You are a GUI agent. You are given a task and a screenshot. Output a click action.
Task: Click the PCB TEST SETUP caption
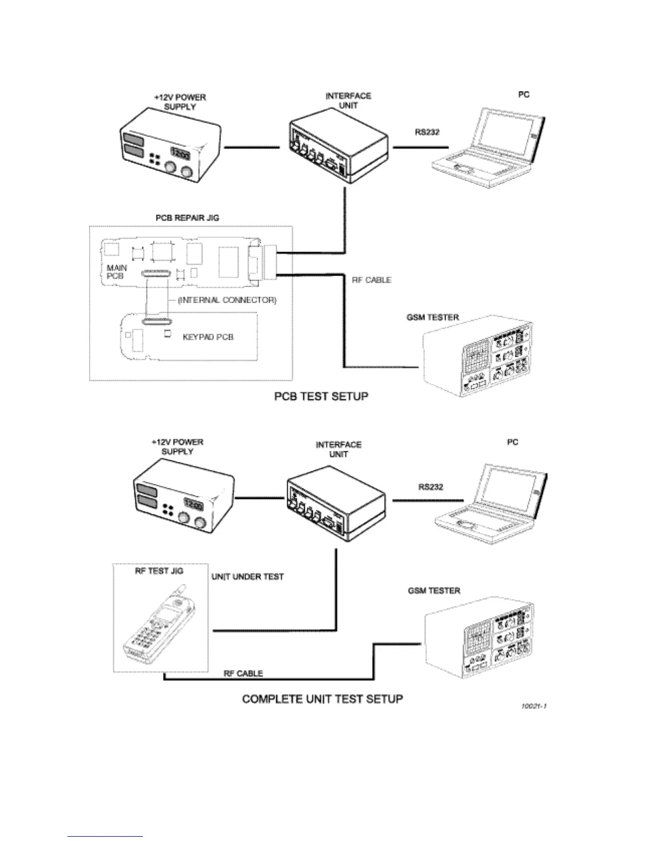(x=321, y=397)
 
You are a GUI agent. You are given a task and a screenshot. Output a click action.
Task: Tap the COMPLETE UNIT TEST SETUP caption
(x=322, y=699)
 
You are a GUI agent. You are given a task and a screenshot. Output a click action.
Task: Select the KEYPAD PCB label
(x=208, y=337)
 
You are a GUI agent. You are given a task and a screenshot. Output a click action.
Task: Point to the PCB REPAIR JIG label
(x=187, y=218)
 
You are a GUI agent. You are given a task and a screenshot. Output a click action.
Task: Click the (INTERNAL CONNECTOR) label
(x=227, y=300)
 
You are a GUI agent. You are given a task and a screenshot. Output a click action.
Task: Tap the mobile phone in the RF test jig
(x=155, y=624)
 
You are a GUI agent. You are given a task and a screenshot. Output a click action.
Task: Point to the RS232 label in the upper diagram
(x=427, y=132)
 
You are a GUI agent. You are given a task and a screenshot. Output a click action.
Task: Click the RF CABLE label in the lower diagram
(x=243, y=673)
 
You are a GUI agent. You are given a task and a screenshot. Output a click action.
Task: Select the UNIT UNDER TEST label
(x=247, y=577)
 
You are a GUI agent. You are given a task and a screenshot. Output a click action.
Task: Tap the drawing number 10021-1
(x=533, y=706)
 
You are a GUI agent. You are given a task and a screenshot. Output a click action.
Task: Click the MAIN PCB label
(x=116, y=272)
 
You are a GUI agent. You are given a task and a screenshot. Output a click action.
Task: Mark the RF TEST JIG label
(x=159, y=571)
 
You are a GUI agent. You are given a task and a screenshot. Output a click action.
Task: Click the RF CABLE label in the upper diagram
(x=371, y=280)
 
